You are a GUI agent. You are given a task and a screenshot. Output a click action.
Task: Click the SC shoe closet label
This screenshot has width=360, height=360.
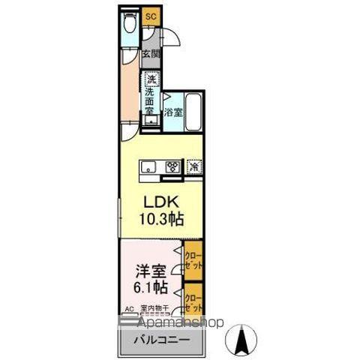[150, 16]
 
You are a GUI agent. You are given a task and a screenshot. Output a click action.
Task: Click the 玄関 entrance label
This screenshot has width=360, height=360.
[151, 55]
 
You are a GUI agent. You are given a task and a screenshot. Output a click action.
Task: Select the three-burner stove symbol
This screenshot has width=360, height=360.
[172, 167]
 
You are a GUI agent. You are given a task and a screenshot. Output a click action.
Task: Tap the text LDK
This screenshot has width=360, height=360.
[160, 202]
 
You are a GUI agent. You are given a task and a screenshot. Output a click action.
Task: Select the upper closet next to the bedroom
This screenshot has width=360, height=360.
[194, 259]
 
